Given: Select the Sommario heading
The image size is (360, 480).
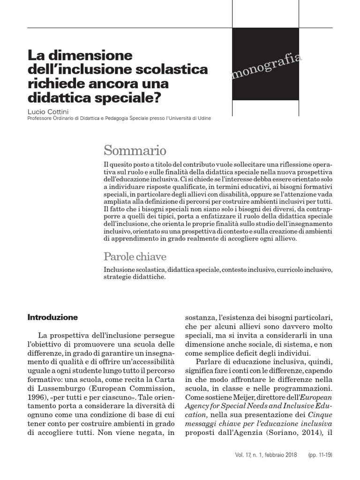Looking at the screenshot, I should click(135, 150).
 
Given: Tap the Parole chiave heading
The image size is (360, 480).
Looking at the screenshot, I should click(135, 257).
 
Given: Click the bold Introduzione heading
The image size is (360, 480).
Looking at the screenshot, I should click(53, 317).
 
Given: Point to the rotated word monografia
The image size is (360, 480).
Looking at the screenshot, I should click(266, 67).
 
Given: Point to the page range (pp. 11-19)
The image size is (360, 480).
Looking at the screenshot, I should click(320, 455).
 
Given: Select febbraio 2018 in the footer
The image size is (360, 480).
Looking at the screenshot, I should click(281, 455).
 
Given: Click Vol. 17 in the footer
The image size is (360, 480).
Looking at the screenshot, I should click(245, 455).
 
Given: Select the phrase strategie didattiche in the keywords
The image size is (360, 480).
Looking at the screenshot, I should click(134, 277).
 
